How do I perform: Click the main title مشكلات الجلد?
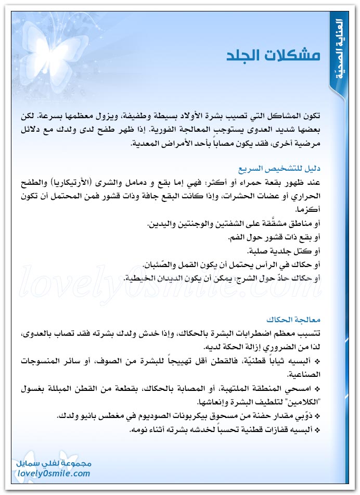(273, 56)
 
